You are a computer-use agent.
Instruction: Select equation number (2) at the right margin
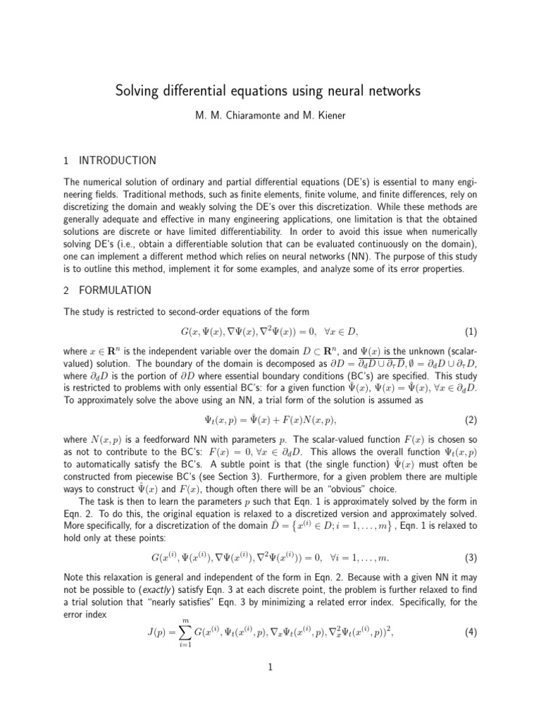pos(471,420)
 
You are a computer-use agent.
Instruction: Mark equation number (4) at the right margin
pos(471,631)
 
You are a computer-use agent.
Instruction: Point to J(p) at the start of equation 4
pos(154,632)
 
